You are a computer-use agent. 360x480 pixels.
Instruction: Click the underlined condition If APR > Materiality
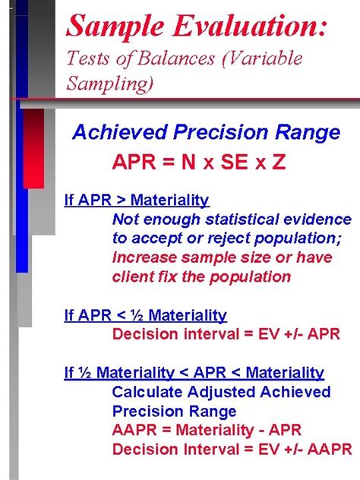[137, 201]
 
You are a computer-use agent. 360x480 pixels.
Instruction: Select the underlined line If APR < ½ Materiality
[145, 315]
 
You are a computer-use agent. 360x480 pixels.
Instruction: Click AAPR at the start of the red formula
[134, 430]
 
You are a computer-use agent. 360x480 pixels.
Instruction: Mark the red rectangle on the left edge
[33, 148]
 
